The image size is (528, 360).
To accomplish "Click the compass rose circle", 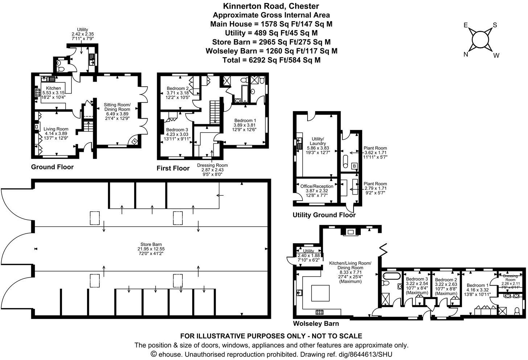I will tap(480, 39).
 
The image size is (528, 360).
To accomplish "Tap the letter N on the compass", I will tap(466, 54).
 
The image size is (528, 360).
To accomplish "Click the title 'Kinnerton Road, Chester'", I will tap(271, 6).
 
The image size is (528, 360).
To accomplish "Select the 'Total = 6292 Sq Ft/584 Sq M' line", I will tap(271, 60).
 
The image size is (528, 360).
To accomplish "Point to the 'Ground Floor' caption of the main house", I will tap(52, 167).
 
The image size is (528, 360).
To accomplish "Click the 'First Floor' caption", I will tap(173, 168).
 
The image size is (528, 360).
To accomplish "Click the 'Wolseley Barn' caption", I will tap(316, 324).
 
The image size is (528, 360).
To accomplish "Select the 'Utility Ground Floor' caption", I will tap(324, 215).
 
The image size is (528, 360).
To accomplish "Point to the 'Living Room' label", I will tap(56, 129).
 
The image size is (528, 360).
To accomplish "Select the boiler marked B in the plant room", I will tap(354, 166).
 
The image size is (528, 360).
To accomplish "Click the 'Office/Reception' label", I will tap(317, 186).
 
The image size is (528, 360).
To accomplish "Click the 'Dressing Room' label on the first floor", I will tap(212, 165).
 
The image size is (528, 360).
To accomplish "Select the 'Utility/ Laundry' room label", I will tap(318, 141).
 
